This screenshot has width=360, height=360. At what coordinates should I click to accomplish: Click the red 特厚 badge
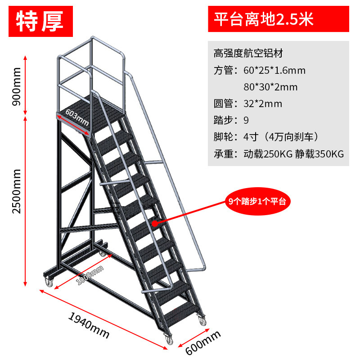pos(40,20)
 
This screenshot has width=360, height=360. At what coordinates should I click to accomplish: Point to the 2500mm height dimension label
pos(17,198)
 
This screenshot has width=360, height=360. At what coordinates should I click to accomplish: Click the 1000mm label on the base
pos(90,275)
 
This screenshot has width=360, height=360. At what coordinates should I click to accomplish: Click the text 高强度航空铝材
pos(248,54)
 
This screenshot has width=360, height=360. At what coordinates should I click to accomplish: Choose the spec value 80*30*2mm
pos(270,87)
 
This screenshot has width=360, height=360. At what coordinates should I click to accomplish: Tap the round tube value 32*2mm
pos(263,104)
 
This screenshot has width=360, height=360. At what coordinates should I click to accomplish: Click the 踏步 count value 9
pos(246,121)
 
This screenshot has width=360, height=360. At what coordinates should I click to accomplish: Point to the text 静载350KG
pos(319,154)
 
